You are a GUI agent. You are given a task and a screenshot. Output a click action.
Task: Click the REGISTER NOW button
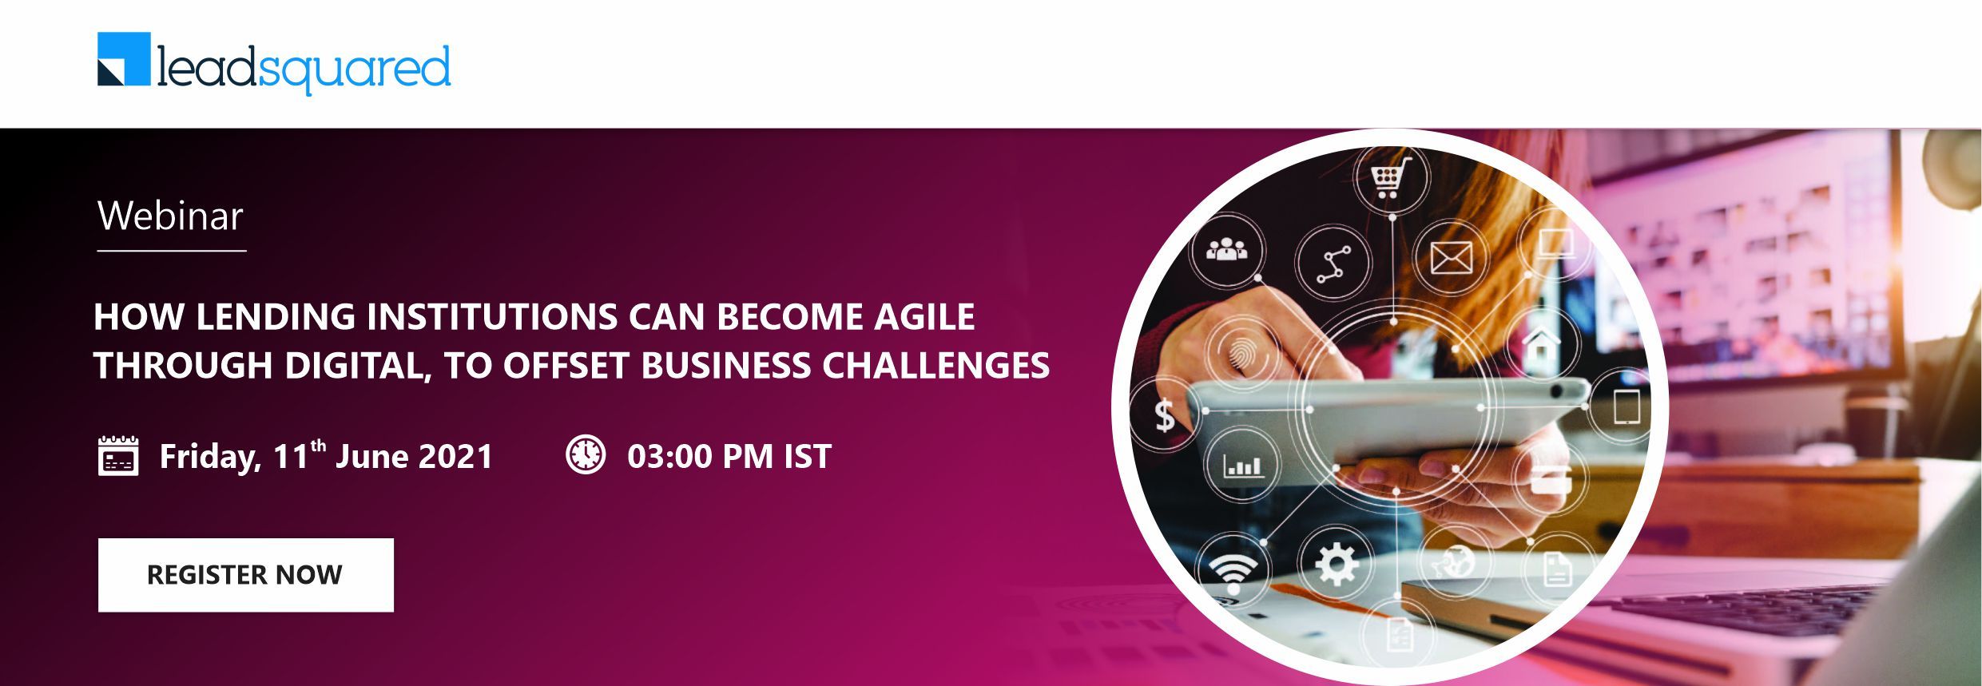[245, 575]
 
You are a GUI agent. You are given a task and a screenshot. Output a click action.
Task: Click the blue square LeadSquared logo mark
[124, 58]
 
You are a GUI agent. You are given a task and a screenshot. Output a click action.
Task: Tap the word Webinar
[170, 216]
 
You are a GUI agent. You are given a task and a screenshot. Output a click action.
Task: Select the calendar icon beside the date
[118, 455]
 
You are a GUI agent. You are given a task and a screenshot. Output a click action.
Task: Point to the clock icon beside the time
[586, 454]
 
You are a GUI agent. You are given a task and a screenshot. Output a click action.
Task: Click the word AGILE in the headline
[924, 316]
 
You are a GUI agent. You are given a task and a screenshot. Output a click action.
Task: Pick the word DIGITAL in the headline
[358, 366]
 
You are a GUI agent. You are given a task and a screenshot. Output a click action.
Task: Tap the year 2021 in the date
[455, 456]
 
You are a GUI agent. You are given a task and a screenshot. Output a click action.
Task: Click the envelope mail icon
[1451, 258]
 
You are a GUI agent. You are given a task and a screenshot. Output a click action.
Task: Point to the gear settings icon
[1336, 565]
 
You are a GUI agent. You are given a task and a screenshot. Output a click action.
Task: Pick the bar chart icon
[1243, 465]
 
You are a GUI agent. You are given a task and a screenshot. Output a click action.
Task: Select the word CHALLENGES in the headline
[935, 366]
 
